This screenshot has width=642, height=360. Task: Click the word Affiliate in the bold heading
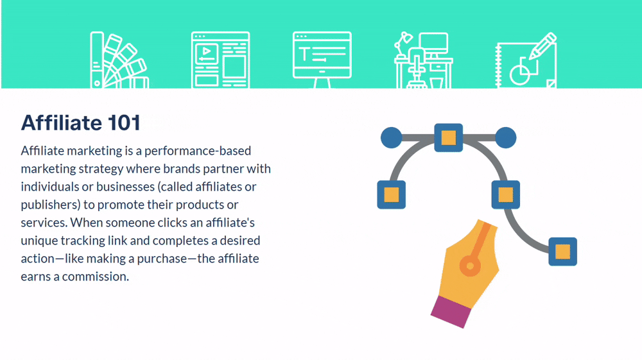click(62, 123)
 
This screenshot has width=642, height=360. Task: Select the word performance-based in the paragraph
click(198, 151)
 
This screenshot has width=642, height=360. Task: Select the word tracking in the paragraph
click(83, 241)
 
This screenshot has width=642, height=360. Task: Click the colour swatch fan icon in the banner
click(119, 60)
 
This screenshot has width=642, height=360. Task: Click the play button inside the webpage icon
click(207, 51)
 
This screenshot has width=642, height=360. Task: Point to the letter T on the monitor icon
click(304, 54)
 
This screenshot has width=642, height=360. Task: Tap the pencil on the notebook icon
click(543, 46)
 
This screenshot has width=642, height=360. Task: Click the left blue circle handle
click(392, 137)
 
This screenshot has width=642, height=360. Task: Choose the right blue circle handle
click(506, 137)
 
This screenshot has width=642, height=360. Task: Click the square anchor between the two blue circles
click(448, 137)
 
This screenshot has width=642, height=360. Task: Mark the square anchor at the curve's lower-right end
click(562, 252)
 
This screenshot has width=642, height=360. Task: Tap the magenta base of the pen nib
click(451, 312)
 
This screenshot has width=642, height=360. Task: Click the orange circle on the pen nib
click(470, 266)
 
